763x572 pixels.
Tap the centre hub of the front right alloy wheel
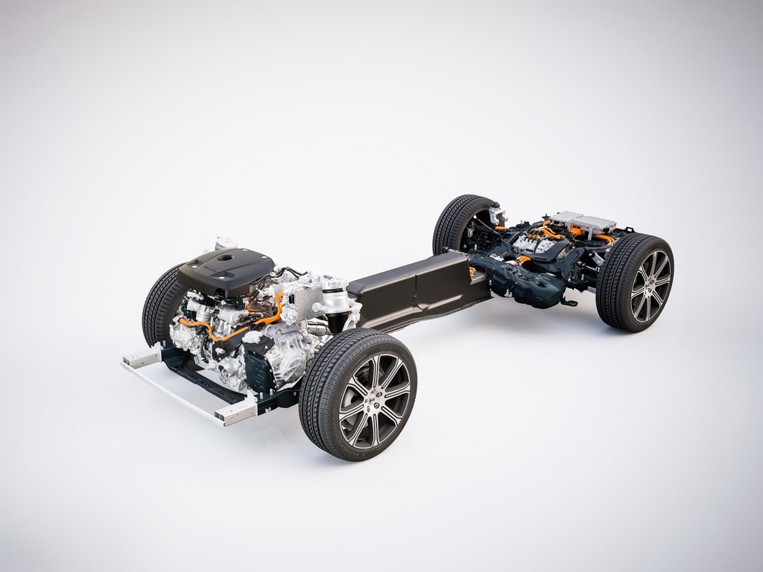point(374,400)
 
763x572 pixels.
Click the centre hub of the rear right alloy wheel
point(650,285)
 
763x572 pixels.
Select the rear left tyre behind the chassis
point(456,223)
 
